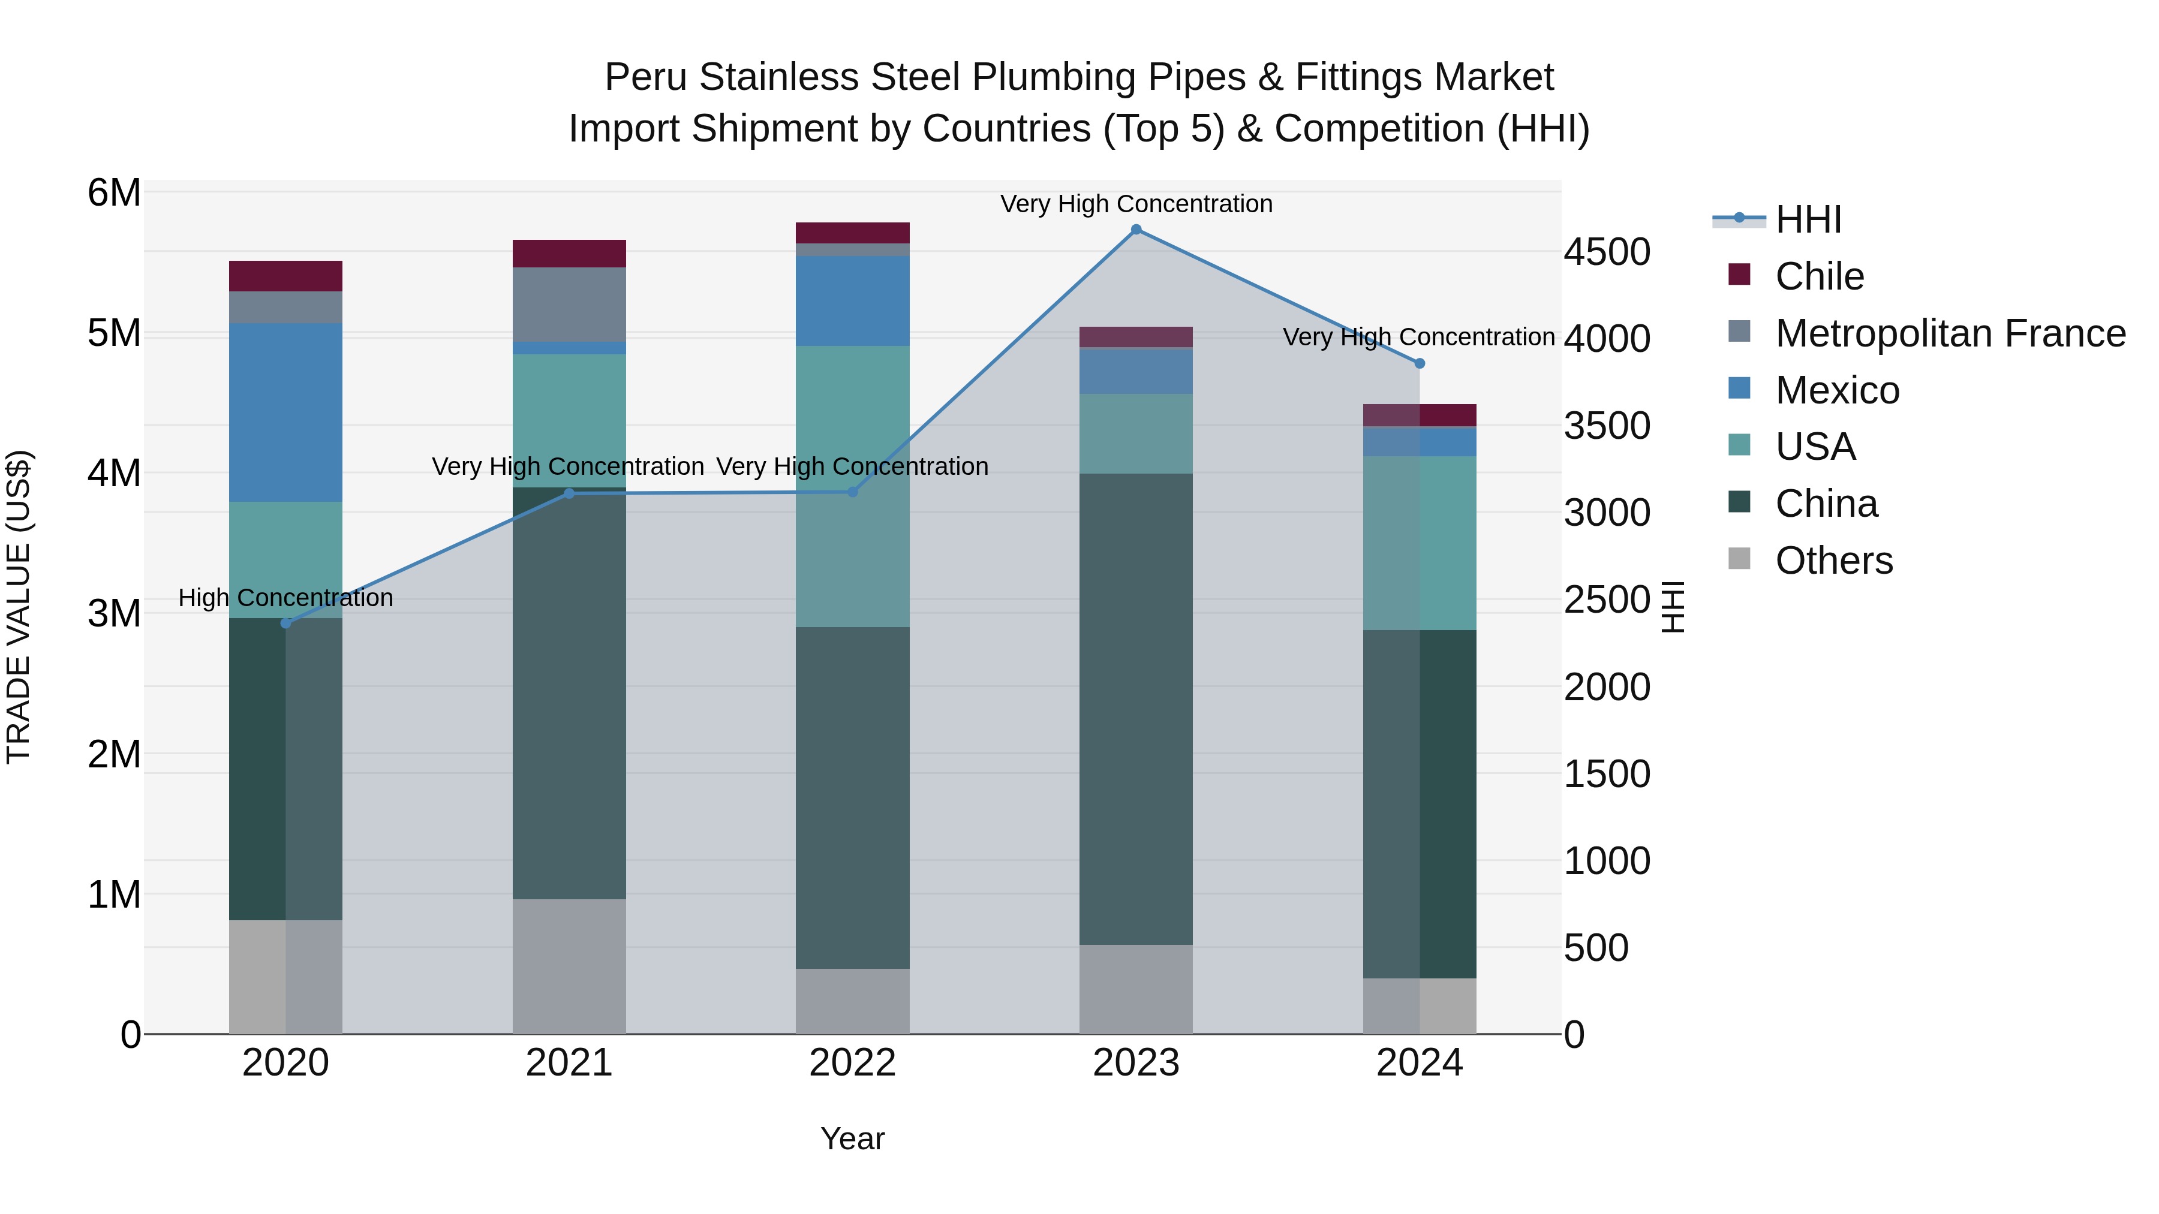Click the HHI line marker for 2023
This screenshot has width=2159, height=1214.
[1136, 230]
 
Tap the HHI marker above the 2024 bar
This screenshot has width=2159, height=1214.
[1419, 364]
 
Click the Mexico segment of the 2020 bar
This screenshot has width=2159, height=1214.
[286, 412]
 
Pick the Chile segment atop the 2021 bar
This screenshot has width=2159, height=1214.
[569, 254]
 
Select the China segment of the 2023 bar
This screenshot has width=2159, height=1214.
[1136, 709]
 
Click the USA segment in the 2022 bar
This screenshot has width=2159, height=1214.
[852, 486]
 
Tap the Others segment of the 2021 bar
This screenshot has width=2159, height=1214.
[569, 966]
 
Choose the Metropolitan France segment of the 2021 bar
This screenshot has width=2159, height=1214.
[569, 304]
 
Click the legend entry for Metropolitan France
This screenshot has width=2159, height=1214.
[1950, 333]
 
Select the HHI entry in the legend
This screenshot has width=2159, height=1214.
[1808, 219]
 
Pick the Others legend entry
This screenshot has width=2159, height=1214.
[1833, 561]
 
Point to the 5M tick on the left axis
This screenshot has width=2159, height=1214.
[115, 333]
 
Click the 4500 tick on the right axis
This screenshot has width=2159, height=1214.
[1607, 252]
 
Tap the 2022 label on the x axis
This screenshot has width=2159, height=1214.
[852, 1063]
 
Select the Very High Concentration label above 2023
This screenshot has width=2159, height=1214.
[1136, 204]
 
